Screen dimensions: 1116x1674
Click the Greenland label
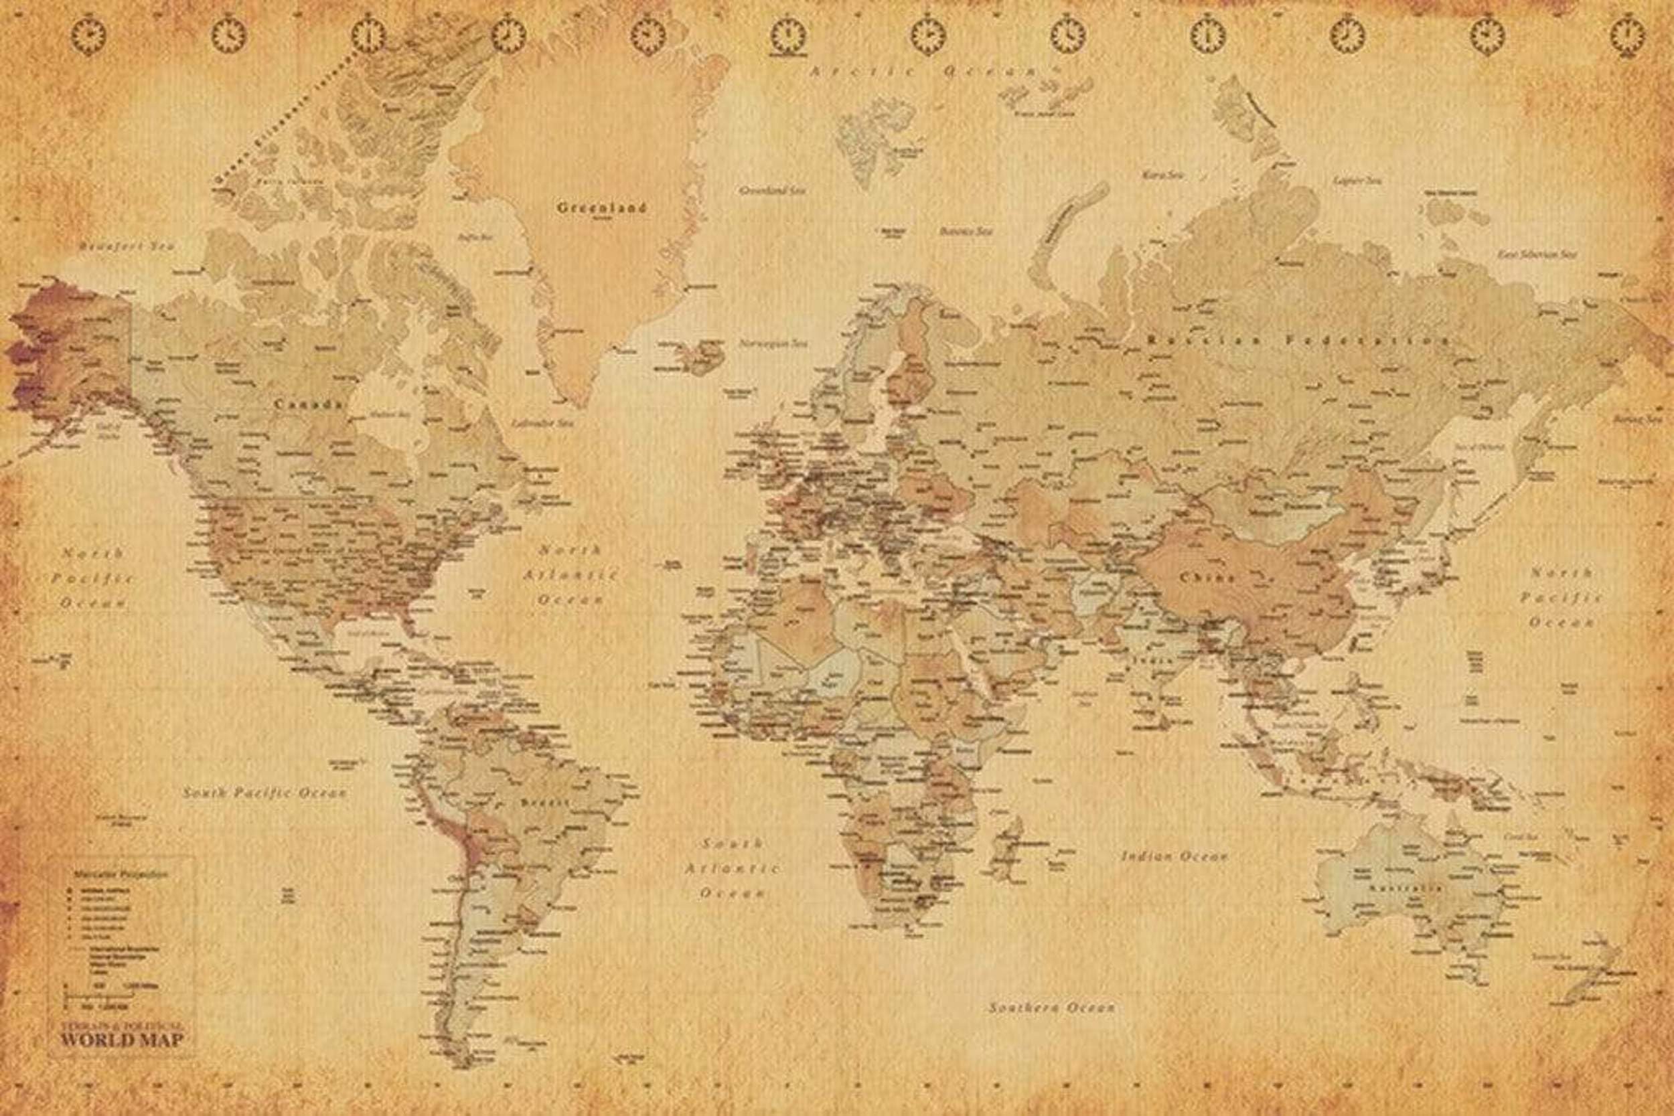601,208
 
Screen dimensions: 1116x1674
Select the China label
1208,577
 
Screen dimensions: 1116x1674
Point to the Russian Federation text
1299,341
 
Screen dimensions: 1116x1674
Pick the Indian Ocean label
1174,856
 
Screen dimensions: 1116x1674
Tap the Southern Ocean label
1051,1008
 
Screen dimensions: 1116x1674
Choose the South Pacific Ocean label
264,792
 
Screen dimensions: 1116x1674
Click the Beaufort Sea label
127,246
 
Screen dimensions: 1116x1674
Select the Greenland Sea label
771,191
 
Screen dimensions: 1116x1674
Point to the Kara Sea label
1162,174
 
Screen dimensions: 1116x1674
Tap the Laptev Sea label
1357,181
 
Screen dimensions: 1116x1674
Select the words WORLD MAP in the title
121,1040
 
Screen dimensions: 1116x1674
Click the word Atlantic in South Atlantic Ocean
732,868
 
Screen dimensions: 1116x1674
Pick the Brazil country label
545,802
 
